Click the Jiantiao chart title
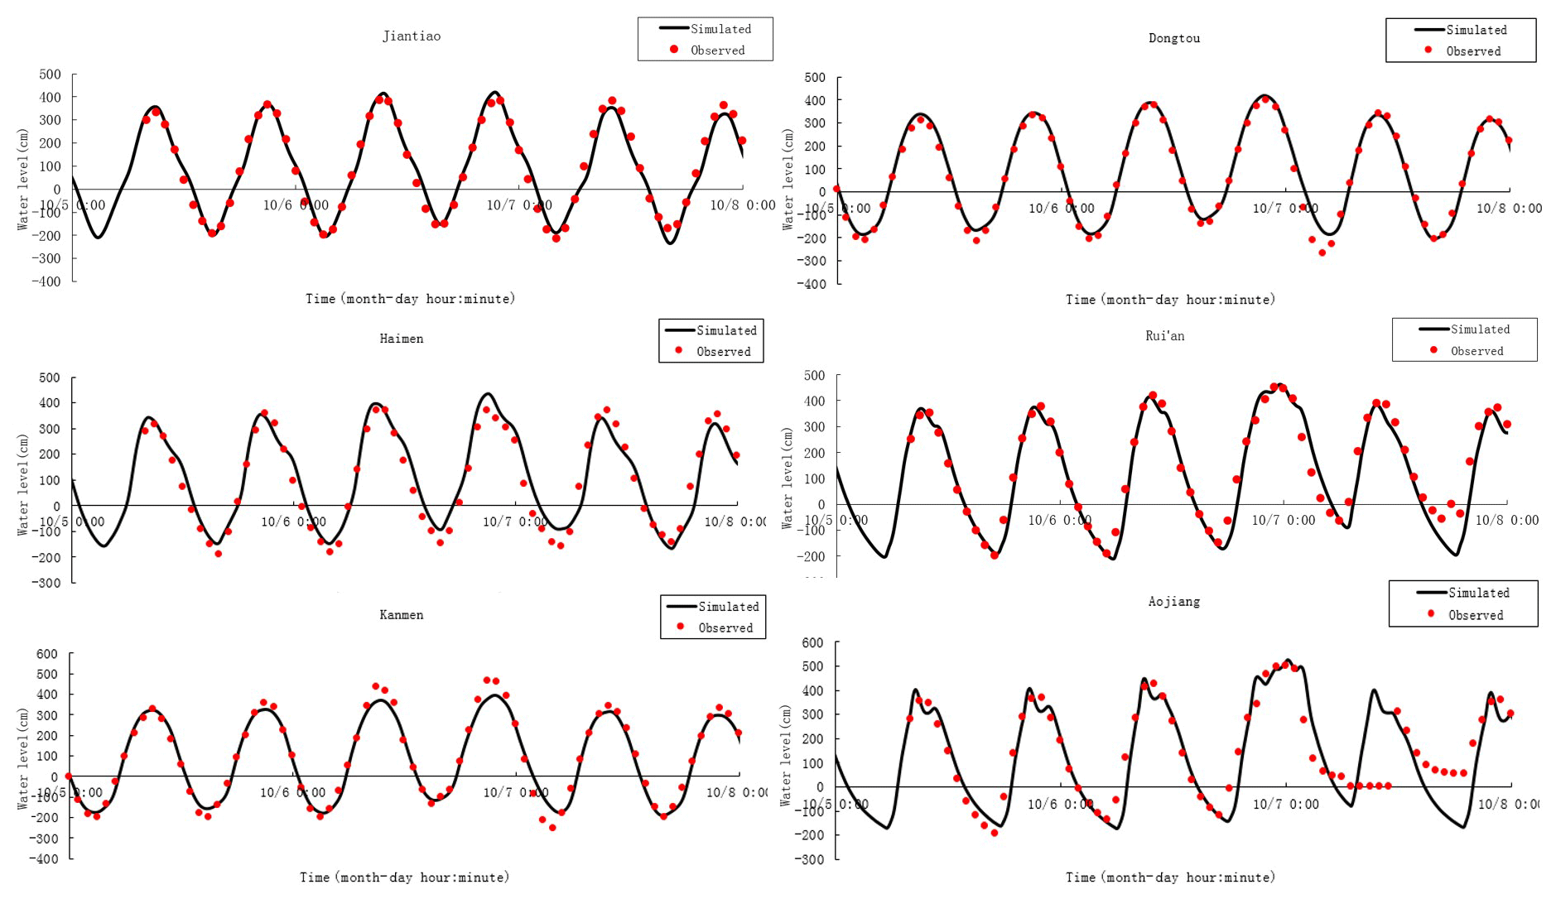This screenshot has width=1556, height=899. pos(412,36)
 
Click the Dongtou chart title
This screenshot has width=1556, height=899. pos(1173,38)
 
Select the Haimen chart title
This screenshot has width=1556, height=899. pos(402,339)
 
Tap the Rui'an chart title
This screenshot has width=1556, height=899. pos(1164,336)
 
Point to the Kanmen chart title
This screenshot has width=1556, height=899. pos(402,615)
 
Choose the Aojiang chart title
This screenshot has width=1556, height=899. pos(1173,602)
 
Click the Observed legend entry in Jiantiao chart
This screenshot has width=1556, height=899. pos(717,50)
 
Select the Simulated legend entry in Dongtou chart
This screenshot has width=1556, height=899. pos(1476,30)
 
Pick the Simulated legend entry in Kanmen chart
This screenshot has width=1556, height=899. pos(728,607)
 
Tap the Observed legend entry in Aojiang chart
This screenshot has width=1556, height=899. pos(1475,615)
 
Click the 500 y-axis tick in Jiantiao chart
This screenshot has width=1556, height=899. pos(51,75)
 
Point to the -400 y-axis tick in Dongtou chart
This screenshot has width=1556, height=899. pos(813,284)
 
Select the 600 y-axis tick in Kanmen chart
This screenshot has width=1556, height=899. pos(47,654)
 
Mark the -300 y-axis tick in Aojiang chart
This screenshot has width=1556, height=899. pos(812,859)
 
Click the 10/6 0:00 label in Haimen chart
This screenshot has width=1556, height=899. pos(293,522)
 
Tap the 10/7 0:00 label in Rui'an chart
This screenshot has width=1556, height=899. pos(1283,520)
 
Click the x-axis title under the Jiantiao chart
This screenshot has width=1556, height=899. pos(410,299)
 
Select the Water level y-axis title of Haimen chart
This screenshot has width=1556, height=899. pos(23,484)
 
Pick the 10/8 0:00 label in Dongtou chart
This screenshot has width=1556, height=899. pos(1509,209)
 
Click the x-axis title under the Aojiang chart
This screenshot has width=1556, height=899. pos(1170,877)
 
